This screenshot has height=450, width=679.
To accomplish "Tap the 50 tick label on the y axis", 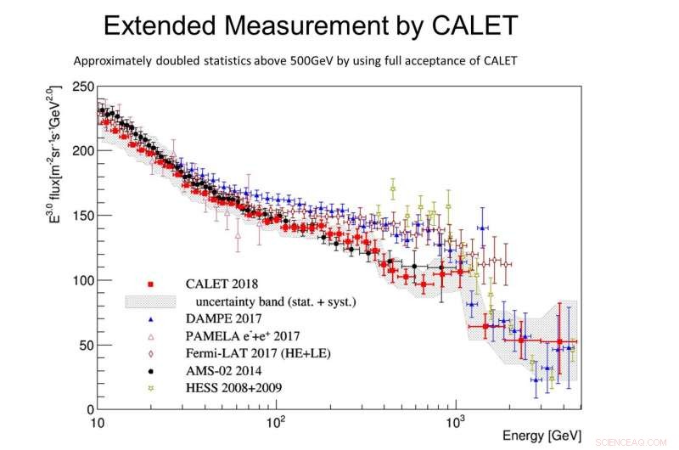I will (85, 345).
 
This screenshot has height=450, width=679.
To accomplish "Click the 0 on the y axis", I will (88, 409).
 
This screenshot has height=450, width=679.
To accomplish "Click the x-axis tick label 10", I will (98, 422).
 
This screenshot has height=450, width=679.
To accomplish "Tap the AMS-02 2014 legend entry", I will (218, 370).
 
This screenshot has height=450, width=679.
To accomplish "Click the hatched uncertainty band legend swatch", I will (149, 301).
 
